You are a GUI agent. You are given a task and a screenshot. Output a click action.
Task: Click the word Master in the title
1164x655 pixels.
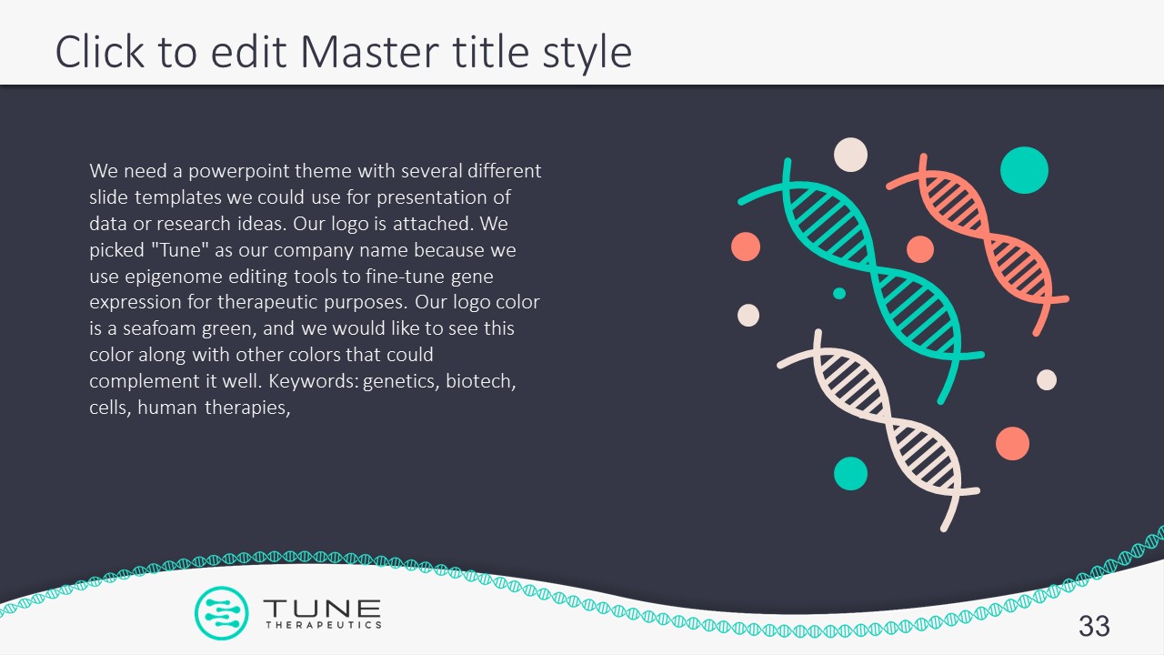click(369, 52)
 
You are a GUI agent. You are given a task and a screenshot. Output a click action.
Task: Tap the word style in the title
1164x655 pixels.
click(587, 54)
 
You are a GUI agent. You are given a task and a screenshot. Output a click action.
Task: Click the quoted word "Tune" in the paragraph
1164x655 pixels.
click(179, 250)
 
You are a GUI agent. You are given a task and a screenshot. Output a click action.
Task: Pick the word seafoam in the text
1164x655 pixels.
click(159, 328)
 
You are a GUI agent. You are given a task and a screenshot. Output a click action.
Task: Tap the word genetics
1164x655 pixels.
click(401, 382)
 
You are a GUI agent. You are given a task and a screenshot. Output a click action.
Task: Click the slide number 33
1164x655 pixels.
click(1094, 626)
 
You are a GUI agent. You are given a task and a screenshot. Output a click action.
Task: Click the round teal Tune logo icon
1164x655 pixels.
click(221, 612)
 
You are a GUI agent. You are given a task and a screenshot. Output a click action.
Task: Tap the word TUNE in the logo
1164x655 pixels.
click(322, 608)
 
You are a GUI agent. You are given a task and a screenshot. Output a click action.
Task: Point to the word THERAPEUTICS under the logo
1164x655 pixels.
click(324, 625)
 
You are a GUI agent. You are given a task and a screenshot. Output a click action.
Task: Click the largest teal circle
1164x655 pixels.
click(1024, 170)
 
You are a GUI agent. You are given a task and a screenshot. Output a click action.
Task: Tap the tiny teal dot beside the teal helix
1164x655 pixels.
click(839, 294)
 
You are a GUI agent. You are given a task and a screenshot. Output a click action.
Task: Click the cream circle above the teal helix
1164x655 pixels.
click(850, 155)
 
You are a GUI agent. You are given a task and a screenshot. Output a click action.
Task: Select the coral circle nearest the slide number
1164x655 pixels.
click(1012, 443)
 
